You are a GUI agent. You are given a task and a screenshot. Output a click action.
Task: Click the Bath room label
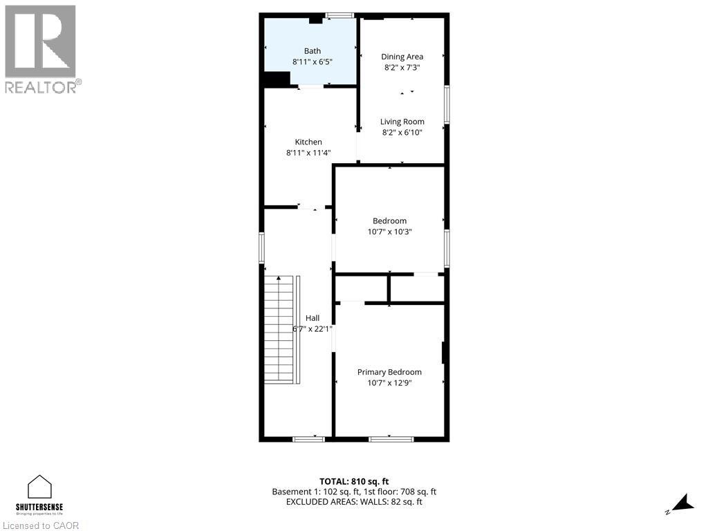coord(313,51)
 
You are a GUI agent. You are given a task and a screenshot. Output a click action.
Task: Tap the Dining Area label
coord(402,57)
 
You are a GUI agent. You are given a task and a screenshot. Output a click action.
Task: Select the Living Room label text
coord(402,122)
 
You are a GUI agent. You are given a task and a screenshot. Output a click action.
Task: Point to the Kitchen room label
coord(308,142)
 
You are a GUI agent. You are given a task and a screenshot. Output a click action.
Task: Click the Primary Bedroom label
coord(389,372)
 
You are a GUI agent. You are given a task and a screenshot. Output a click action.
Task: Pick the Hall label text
coord(313,318)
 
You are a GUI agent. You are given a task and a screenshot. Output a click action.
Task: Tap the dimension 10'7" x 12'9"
coord(389,383)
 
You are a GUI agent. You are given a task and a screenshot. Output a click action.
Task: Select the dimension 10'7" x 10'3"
coord(389,232)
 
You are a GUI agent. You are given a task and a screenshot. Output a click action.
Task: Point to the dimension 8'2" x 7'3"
coord(402,68)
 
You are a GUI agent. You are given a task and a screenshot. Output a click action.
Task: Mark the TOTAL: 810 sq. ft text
coord(354,481)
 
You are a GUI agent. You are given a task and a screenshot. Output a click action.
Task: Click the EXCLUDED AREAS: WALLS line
coord(354,502)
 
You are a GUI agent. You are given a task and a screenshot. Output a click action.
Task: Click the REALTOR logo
coord(41,48)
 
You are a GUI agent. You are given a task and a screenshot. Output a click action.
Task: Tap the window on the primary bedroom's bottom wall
coord(391,439)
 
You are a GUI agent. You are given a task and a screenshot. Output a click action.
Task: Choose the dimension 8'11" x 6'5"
coord(313,62)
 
